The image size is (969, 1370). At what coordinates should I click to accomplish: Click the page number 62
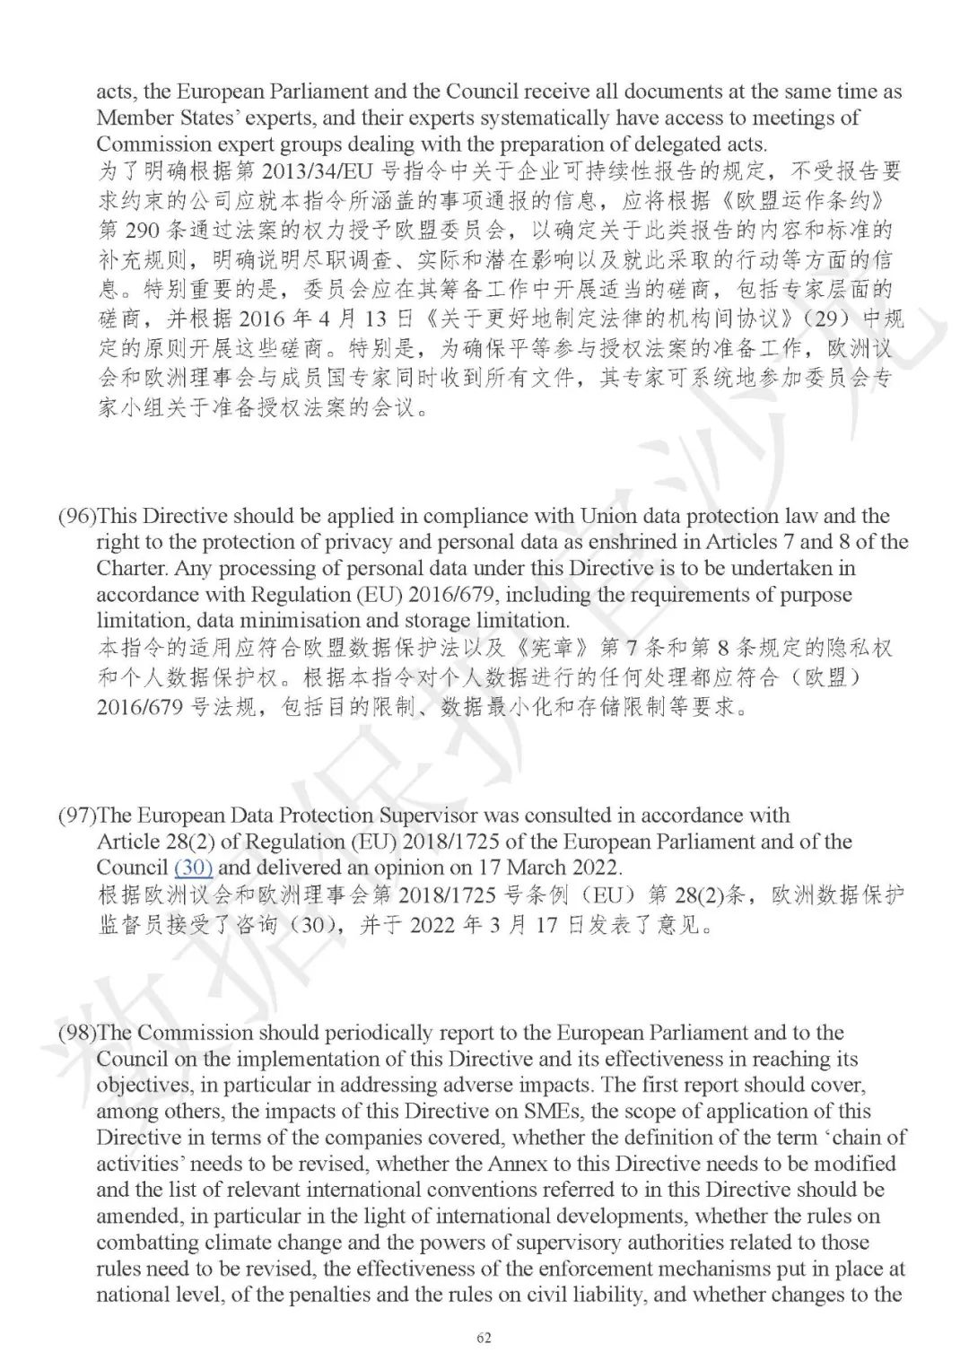point(484,1339)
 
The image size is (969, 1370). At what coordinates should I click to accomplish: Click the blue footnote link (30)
point(193,868)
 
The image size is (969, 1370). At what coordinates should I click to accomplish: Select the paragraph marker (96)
point(77,516)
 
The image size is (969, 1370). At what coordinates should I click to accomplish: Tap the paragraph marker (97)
point(77,816)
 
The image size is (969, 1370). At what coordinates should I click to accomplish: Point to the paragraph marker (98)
point(77,1033)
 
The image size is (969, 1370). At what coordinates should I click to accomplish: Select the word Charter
point(132,568)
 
